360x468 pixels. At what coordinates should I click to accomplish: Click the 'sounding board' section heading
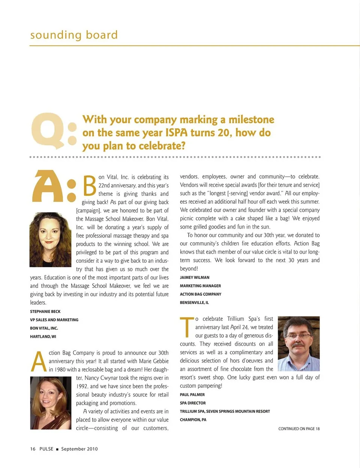(74, 35)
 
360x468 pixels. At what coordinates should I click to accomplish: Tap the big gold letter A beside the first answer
(48, 186)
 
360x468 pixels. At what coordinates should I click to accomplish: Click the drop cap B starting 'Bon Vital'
(90, 185)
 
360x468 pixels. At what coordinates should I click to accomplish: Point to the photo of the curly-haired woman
(50, 239)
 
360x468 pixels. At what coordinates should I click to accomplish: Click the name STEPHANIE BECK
(45, 311)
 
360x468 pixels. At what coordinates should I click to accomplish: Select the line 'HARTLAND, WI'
(43, 337)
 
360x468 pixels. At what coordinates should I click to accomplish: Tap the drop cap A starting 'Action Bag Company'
(39, 362)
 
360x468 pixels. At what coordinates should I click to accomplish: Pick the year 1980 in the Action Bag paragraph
(60, 370)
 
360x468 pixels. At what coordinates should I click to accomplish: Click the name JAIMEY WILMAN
(195, 278)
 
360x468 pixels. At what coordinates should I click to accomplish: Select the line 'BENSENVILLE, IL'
(194, 302)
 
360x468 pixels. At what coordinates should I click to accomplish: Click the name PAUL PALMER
(192, 395)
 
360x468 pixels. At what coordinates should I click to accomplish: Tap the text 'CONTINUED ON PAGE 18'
(299, 429)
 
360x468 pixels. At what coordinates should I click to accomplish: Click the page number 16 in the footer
(33, 449)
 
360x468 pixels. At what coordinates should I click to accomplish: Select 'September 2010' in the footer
(79, 449)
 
